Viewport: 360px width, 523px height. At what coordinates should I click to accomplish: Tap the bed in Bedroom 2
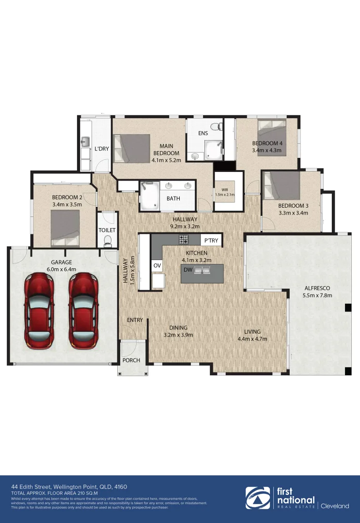coord(65,228)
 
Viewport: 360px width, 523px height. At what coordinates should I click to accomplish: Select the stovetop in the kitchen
coord(184,239)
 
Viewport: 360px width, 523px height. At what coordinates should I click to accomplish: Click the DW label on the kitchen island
coord(188,269)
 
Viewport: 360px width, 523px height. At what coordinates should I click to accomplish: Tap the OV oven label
coord(157,265)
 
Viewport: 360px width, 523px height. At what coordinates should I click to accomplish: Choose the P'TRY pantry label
coord(211,241)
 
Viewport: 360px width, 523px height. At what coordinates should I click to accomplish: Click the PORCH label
coord(131,360)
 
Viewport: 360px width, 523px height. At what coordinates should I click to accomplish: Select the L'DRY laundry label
coord(101,149)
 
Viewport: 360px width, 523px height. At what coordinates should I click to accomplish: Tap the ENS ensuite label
coord(203,134)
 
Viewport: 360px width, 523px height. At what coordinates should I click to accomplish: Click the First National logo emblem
coord(257,499)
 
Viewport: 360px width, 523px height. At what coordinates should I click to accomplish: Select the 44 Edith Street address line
coord(69,486)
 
